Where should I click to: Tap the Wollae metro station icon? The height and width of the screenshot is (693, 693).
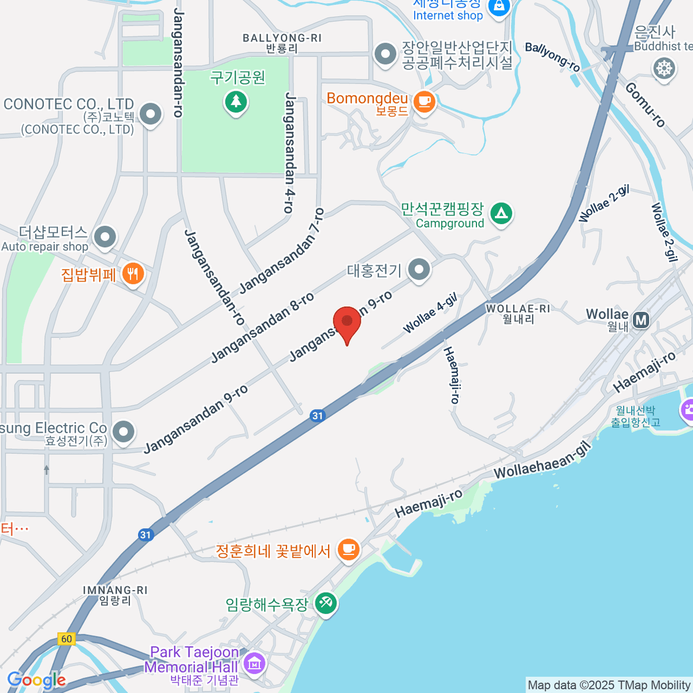coord(640,319)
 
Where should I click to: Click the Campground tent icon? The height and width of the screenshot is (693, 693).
coord(501,214)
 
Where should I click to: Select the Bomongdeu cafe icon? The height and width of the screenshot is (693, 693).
coord(425,102)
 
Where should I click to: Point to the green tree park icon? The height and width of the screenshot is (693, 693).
coord(236,102)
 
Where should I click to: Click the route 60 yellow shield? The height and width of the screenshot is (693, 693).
coord(66,639)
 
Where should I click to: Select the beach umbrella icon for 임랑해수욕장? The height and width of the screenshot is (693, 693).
coord(326,603)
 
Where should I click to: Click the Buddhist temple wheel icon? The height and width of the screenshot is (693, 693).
coord(665,69)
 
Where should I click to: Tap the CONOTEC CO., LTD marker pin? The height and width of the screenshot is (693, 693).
coord(151,114)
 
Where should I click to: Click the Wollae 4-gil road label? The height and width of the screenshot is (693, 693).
coord(430,313)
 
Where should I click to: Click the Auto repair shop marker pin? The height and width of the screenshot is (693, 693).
coord(105,237)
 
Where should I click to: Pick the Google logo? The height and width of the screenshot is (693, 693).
coord(36,680)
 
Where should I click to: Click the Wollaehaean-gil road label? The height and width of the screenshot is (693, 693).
coord(543,460)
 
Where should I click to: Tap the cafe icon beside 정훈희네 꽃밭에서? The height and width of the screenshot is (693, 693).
coord(348,549)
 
